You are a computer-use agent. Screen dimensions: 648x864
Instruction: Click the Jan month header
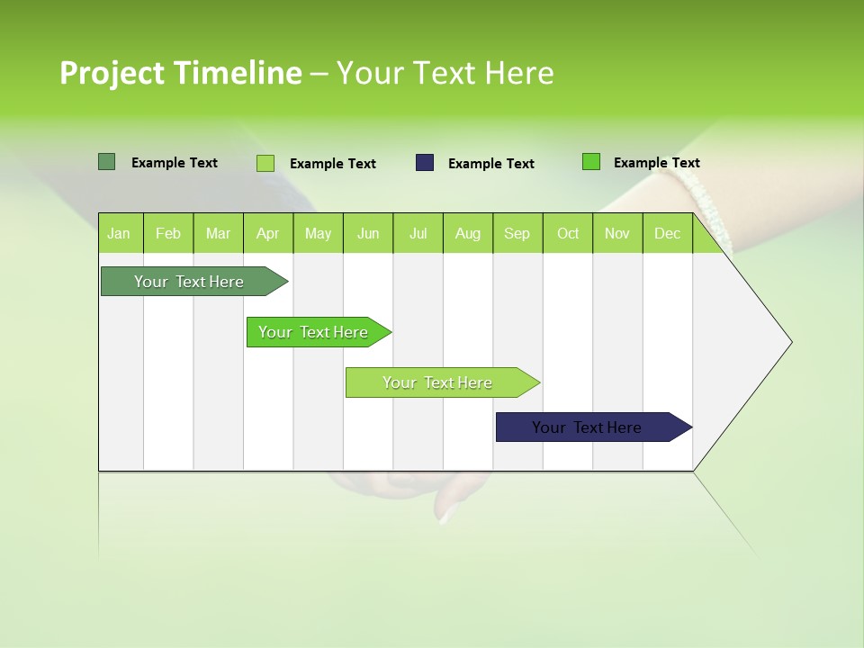pos(120,233)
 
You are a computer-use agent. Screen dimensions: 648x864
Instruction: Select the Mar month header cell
pos(218,233)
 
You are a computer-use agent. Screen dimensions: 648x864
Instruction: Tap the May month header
pos(318,233)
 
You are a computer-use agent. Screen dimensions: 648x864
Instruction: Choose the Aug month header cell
pos(467,233)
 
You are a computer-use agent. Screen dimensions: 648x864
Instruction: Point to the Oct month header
pos(568,233)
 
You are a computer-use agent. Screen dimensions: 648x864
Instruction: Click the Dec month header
pos(667,233)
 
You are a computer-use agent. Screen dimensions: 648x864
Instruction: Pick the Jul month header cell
pos(418,233)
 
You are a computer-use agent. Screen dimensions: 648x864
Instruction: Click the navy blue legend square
pos(425,163)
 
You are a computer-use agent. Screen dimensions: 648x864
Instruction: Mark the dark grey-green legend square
pos(107,162)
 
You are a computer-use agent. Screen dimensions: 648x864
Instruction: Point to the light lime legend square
pos(265,163)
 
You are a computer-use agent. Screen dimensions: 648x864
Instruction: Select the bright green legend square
pos(591,162)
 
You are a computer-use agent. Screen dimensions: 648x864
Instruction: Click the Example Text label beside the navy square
pos(490,164)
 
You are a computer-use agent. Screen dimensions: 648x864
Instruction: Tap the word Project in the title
pos(112,73)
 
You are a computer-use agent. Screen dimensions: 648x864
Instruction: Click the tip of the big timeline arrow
pos(788,342)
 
